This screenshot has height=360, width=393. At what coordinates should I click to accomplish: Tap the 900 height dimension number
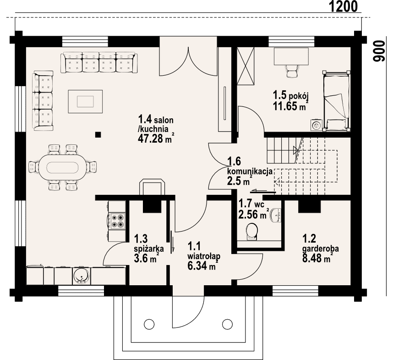(378, 50)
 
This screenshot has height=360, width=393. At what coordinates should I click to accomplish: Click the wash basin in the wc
(275, 215)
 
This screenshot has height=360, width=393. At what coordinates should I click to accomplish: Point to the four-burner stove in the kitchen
(116, 221)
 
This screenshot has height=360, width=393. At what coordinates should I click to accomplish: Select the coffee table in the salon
(86, 100)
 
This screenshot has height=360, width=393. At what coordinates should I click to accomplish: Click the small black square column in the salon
(98, 134)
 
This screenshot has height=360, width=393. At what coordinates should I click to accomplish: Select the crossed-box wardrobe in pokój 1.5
(245, 66)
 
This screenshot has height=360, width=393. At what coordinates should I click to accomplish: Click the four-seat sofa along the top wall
(99, 62)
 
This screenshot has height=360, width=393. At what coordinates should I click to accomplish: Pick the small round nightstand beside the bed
(316, 124)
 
